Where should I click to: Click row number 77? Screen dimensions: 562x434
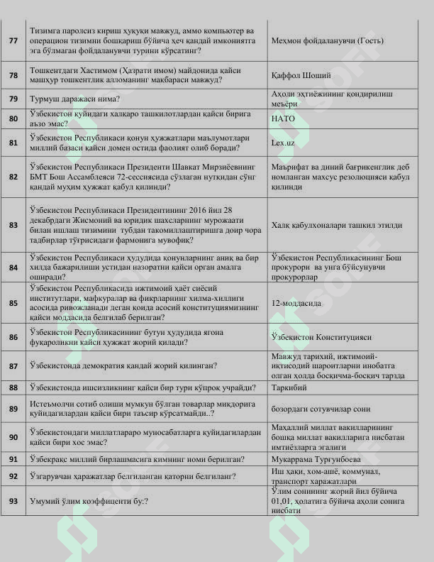(13, 40)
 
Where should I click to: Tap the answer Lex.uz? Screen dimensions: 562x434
(283, 143)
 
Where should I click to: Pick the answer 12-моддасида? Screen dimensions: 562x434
(296, 303)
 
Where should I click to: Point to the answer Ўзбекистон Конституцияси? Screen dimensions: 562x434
(321, 337)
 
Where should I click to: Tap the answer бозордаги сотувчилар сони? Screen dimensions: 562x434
(321, 409)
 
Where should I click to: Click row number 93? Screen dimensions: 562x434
(13, 501)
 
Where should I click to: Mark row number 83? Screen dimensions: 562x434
(13, 225)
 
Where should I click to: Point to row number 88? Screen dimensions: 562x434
(13, 387)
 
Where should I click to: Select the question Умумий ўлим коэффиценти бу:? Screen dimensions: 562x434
(89, 501)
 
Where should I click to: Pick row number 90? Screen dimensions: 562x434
(13, 437)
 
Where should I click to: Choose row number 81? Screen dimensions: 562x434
(13, 143)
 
